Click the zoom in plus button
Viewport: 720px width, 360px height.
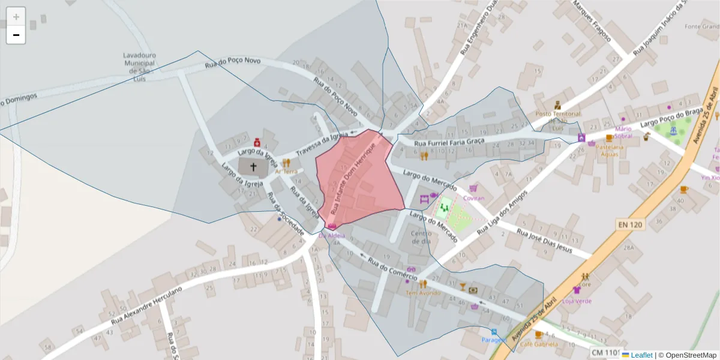point(16,17)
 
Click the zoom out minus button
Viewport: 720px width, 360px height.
point(16,35)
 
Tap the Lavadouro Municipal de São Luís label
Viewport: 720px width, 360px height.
point(139,67)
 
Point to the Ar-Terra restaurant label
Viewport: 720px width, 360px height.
point(286,172)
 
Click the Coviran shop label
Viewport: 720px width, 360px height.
point(474,198)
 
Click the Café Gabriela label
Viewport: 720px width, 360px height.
point(538,344)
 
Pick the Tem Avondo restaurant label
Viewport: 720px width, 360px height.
point(423,293)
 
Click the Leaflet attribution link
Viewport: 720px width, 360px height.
point(641,355)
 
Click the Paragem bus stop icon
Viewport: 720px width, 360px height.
point(494,332)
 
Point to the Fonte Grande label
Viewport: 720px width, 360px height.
point(702,26)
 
